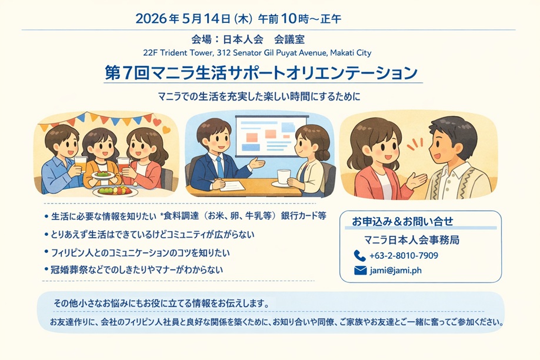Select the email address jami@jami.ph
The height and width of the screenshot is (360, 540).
(396, 271)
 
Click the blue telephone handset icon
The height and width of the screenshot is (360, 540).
(360, 256)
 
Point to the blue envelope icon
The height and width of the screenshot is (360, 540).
(360, 271)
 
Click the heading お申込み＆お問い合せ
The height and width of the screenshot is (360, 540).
(402, 221)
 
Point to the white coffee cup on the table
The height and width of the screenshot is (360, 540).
(283, 176)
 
